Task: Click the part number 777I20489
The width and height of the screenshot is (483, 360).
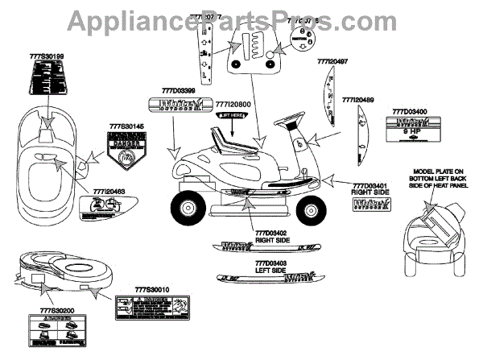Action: [x=358, y=100]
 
